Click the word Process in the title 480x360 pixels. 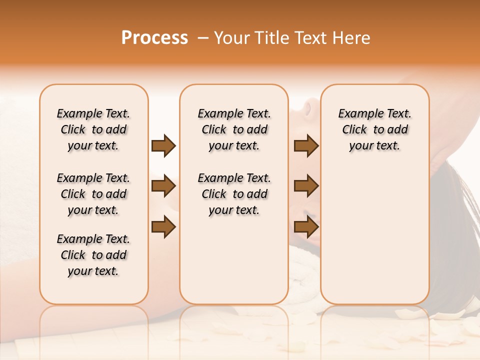coord(154,38)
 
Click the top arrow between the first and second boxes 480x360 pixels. coord(163,146)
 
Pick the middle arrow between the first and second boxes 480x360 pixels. coord(163,186)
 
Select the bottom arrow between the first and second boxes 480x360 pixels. coord(163,226)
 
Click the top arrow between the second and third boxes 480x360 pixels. coord(306,146)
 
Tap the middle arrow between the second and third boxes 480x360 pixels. coord(306,186)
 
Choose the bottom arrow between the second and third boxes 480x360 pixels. coord(306,226)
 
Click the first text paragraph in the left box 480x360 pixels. coord(93,129)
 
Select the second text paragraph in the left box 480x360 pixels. coord(93,194)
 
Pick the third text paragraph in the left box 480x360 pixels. coord(93,255)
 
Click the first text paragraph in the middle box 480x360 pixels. coord(234,129)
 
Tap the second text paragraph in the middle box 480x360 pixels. coord(234,194)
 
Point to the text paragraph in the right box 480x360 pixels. coord(375,129)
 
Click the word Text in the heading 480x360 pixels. coord(309,38)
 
